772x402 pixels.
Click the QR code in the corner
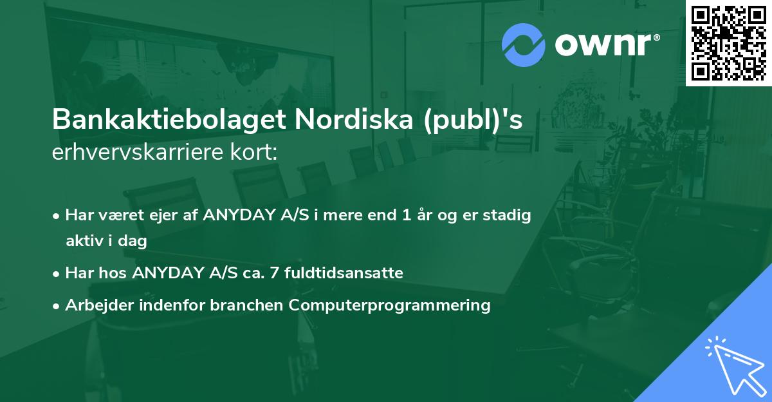point(728,43)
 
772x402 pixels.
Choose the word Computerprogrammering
point(389,305)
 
